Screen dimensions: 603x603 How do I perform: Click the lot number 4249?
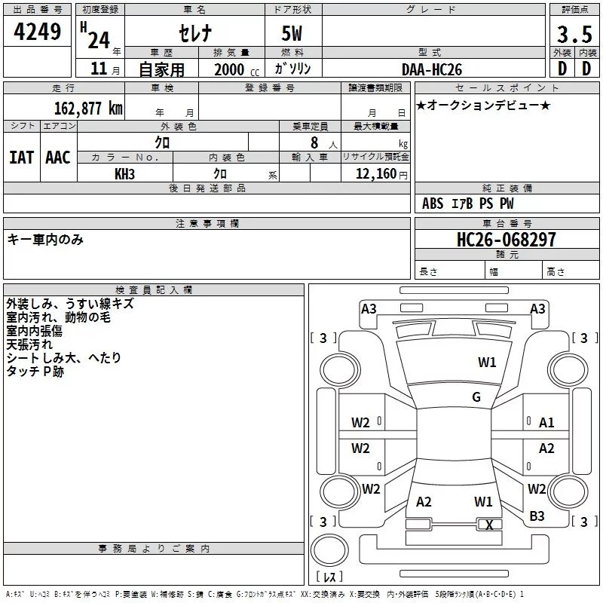click(x=37, y=32)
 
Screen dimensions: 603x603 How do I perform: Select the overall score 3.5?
click(x=574, y=34)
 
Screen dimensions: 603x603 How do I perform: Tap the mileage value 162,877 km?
click(x=88, y=108)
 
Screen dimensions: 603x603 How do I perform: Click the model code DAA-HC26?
click(x=431, y=69)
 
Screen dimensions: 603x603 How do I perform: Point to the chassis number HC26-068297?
click(x=506, y=239)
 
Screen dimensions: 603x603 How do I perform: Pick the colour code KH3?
click(x=124, y=174)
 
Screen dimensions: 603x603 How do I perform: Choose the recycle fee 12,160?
click(x=375, y=174)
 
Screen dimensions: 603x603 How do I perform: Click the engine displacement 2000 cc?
click(x=237, y=69)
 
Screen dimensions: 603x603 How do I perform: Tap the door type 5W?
click(x=292, y=33)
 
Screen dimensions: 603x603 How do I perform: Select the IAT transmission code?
click(x=21, y=158)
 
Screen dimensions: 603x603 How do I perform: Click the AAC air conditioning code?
click(x=58, y=158)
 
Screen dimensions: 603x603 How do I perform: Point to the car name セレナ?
click(x=195, y=33)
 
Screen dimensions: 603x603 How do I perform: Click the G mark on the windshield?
click(x=476, y=397)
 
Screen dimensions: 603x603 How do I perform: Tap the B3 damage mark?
click(x=537, y=516)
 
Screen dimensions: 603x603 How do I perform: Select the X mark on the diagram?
click(x=489, y=525)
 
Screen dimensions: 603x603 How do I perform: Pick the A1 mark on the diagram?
click(x=546, y=423)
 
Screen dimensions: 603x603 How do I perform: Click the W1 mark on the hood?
click(x=487, y=362)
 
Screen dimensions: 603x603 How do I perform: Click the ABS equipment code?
click(x=433, y=204)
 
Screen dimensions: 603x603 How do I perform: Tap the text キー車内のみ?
click(x=45, y=240)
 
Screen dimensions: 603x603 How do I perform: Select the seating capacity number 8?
click(x=314, y=142)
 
